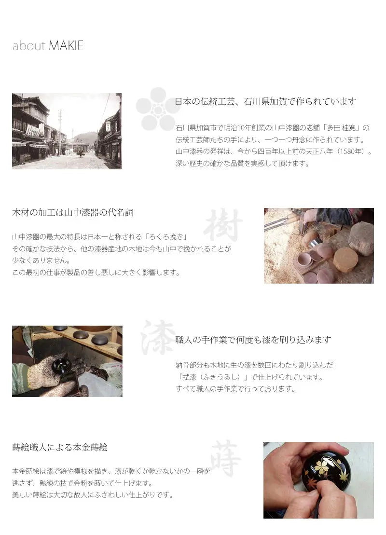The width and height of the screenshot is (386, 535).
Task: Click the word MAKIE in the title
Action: click(x=66, y=46)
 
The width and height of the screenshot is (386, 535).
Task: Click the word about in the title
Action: click(x=29, y=46)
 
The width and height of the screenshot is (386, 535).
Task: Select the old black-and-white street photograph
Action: click(x=67, y=131)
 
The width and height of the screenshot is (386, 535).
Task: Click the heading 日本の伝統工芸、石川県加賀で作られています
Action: click(x=265, y=101)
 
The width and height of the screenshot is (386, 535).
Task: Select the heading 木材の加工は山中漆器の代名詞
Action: click(x=73, y=213)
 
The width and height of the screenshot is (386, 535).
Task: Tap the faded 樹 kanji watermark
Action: click(x=223, y=224)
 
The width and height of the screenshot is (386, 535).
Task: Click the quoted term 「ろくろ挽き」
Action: click(x=165, y=237)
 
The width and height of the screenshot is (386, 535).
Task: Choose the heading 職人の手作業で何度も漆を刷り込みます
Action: click(x=253, y=340)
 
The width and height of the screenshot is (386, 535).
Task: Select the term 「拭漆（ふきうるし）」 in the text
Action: click(x=212, y=377)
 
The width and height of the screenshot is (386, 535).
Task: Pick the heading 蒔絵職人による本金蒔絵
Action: click(x=60, y=447)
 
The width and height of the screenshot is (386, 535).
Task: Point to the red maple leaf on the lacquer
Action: click(x=313, y=484)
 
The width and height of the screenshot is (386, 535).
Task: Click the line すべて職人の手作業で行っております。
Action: click(x=236, y=389)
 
